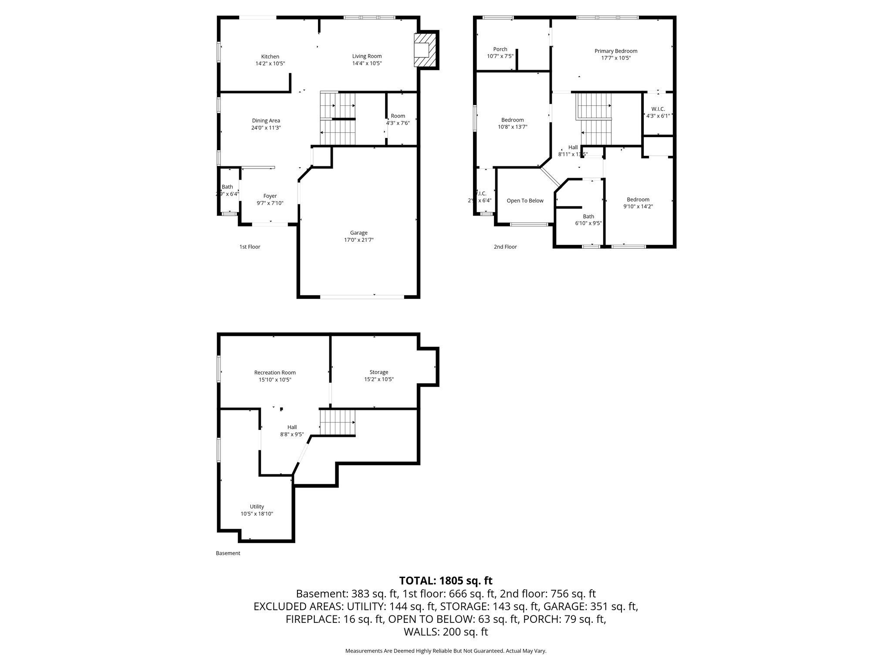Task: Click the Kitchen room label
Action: tap(270, 57)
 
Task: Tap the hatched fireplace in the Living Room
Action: tap(425, 51)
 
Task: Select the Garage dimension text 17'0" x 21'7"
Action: tap(358, 240)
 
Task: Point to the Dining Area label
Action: tap(266, 121)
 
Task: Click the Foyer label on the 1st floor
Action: tap(270, 196)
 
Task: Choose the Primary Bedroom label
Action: tap(616, 51)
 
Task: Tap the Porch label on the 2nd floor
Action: tap(500, 49)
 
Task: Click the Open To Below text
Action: tap(525, 201)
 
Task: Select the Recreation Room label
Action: tap(275, 372)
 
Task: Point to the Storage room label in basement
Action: tap(378, 372)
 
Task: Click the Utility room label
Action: tap(257, 507)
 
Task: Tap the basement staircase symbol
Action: tap(338, 422)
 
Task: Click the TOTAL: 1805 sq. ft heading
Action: tap(446, 581)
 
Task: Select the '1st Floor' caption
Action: tap(250, 247)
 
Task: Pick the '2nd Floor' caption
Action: tap(505, 247)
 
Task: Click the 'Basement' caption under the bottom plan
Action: tap(228, 553)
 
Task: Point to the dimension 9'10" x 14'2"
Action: tap(638, 207)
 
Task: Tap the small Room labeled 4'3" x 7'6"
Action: tap(398, 119)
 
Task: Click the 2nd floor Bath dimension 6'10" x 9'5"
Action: tap(588, 223)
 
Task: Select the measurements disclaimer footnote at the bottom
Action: tap(446, 651)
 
